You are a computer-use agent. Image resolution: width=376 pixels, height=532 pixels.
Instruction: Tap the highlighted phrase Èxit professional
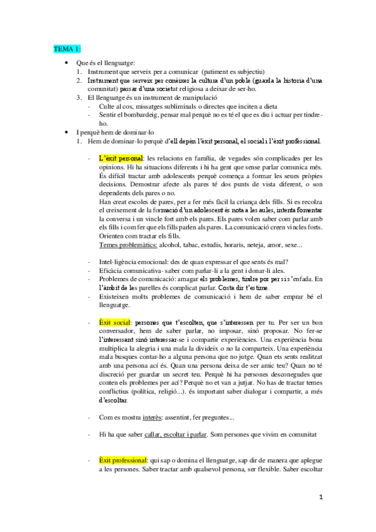(x=122, y=460)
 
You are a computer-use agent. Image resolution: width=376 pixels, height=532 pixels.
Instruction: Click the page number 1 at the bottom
(x=321, y=498)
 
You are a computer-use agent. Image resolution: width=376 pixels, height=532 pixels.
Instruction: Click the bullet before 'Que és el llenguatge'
(x=67, y=64)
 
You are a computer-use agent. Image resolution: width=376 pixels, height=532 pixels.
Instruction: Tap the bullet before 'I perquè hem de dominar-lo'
(x=67, y=132)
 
